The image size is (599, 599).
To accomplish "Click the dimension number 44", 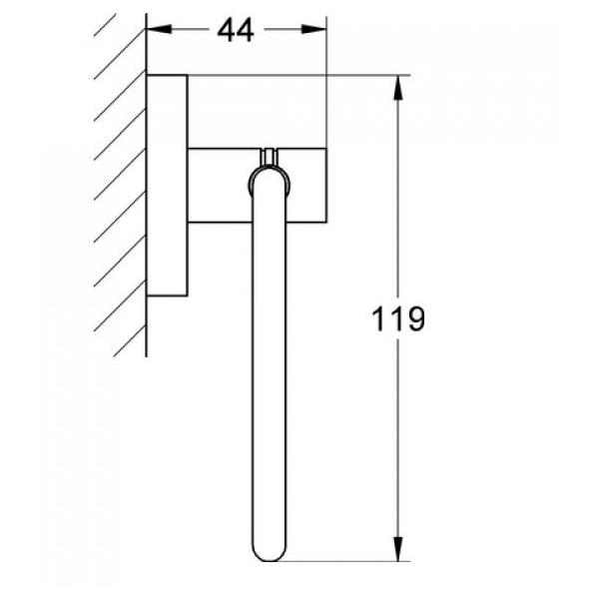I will point(236,30).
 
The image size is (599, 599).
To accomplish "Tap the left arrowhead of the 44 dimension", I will point(156,30).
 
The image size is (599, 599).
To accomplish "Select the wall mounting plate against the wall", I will point(167,185).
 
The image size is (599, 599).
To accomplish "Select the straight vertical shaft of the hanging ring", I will point(267,379).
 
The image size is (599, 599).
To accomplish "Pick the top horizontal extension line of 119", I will point(299,75).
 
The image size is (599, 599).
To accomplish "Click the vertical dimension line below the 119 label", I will point(399,449).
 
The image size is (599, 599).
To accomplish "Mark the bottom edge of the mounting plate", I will point(167,296).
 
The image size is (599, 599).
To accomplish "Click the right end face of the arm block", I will point(326,185).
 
